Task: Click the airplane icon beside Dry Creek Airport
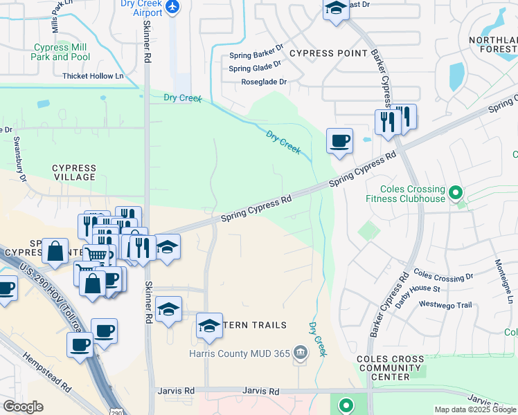(172, 7)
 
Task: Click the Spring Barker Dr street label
(256, 56)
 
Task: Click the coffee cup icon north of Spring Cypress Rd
(339, 141)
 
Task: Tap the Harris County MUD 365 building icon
(299, 353)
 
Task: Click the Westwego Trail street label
(445, 305)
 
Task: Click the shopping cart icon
(96, 255)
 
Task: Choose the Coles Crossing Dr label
(443, 276)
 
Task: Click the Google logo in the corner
(23, 407)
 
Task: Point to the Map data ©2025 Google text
(475, 409)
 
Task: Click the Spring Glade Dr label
(254, 68)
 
